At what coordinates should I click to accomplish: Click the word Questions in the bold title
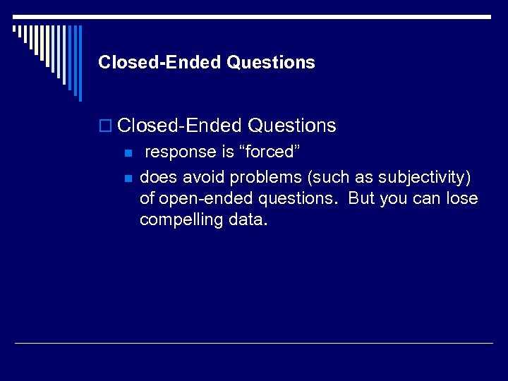pyautogui.click(x=271, y=63)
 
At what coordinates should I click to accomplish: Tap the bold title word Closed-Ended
pyautogui.click(x=160, y=63)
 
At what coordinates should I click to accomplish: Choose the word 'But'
pyautogui.click(x=362, y=198)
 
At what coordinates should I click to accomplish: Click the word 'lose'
pyautogui.click(x=461, y=198)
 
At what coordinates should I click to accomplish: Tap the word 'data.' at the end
pyautogui.click(x=248, y=219)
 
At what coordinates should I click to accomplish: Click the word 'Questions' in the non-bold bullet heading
pyautogui.click(x=292, y=126)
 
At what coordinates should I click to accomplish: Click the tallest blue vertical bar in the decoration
pyautogui.click(x=80, y=64)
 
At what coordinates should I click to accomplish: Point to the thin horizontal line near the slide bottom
pyautogui.click(x=254, y=343)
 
